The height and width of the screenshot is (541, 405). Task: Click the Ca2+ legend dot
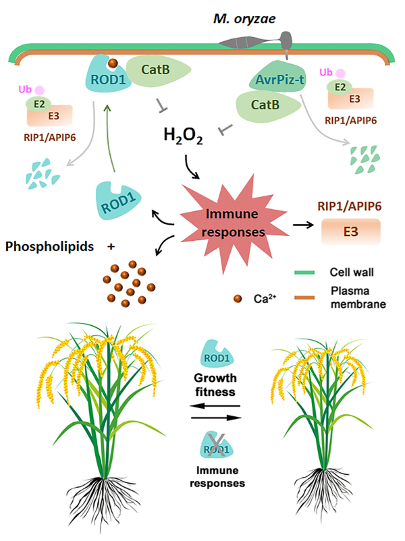pos(236,297)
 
